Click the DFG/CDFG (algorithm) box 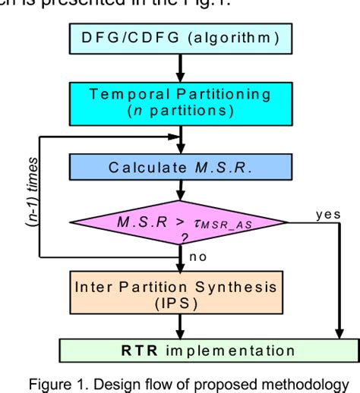tap(179, 38)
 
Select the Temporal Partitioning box tap(179, 103)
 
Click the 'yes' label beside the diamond tap(328, 215)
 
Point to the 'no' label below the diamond tap(199, 256)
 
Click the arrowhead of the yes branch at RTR tap(336, 333)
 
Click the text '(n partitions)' tap(179, 112)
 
